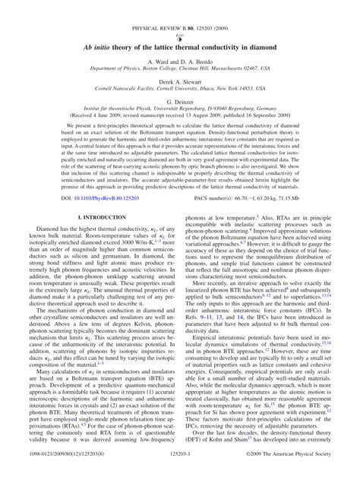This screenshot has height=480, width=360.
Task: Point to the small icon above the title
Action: point(180,18)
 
